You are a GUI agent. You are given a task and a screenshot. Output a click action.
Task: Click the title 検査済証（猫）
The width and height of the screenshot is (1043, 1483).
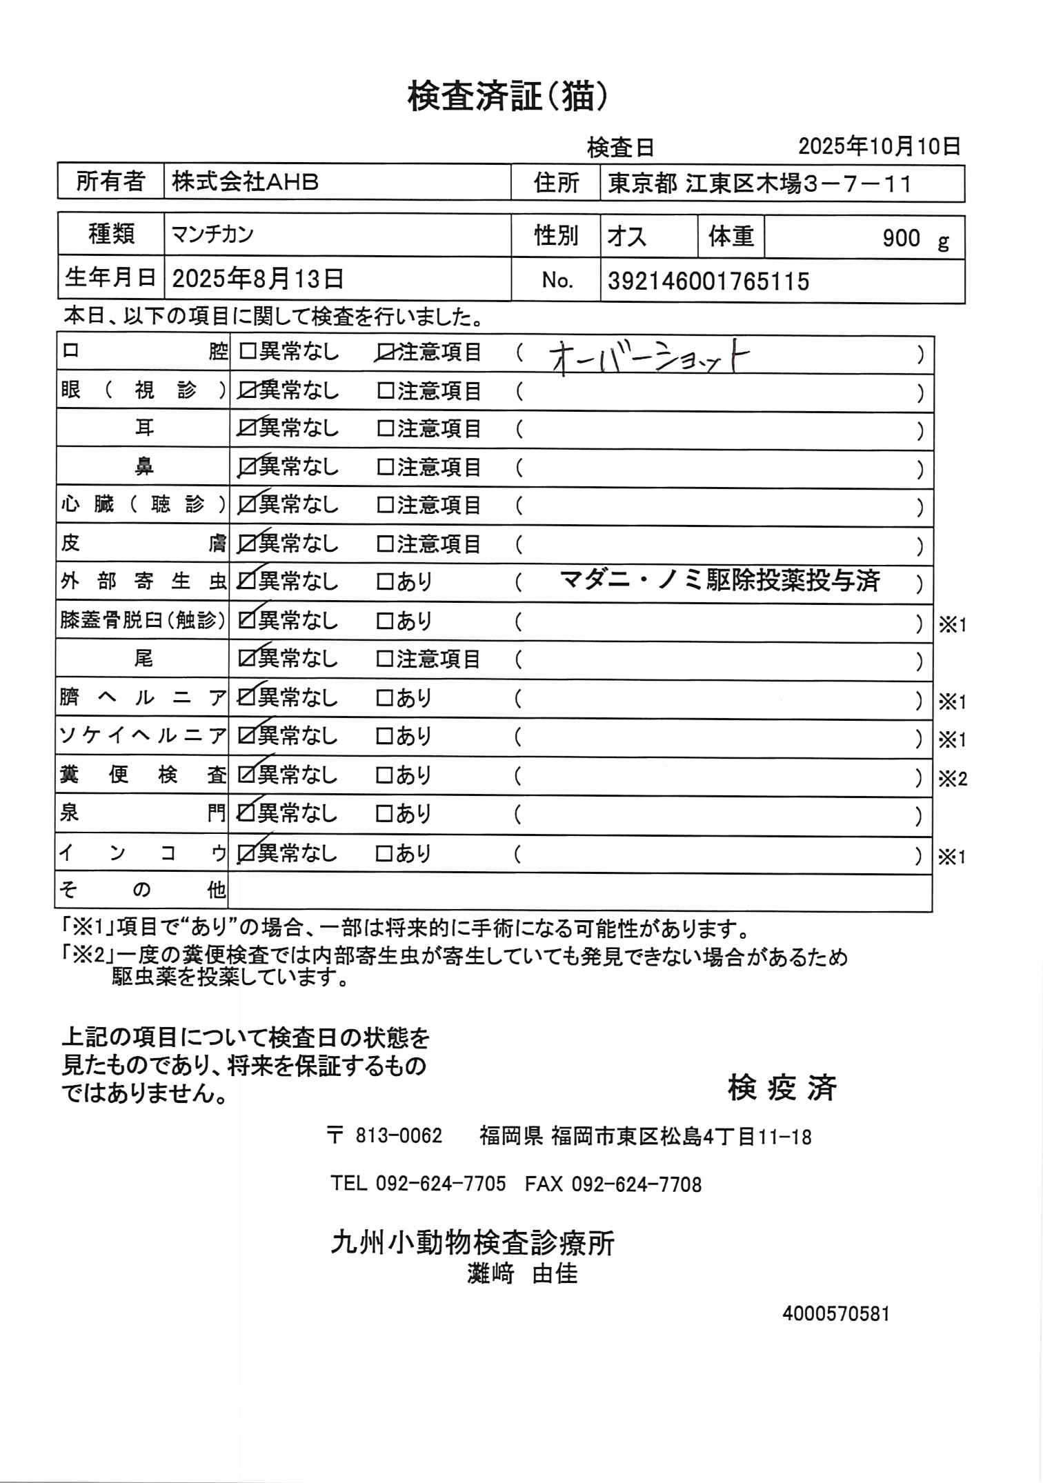click(x=508, y=97)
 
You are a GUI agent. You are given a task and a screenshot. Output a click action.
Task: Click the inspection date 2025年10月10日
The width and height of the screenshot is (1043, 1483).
click(x=879, y=146)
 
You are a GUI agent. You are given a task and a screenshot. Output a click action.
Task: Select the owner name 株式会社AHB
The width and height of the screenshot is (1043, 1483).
click(x=246, y=182)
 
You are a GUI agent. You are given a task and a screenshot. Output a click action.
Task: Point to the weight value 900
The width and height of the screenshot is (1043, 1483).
click(x=901, y=239)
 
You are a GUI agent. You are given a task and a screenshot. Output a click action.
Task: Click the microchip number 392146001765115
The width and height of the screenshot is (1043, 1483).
click(x=708, y=281)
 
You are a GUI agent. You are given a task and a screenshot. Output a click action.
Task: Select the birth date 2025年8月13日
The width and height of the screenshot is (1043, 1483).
click(x=258, y=279)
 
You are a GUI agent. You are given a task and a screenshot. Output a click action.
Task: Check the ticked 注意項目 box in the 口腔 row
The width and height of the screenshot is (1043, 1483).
click(x=385, y=352)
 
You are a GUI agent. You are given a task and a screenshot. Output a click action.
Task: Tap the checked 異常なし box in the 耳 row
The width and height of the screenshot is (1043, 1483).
click(x=246, y=429)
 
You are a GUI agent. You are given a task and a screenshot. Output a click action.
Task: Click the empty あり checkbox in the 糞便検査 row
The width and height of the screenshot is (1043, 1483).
click(x=384, y=775)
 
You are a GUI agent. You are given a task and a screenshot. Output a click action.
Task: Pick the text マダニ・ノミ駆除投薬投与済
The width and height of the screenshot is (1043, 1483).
click(x=719, y=581)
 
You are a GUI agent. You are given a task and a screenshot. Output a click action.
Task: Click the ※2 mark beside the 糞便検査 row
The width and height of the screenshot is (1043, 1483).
click(x=952, y=779)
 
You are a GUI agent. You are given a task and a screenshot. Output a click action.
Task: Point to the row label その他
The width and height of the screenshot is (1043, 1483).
click(x=142, y=890)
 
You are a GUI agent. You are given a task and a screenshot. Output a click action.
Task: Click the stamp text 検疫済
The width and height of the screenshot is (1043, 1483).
click(x=782, y=1088)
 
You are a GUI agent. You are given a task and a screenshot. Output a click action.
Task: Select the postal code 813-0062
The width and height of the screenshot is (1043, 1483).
click(x=398, y=1136)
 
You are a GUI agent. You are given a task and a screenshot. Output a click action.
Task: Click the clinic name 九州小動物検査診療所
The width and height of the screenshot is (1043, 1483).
click(x=473, y=1243)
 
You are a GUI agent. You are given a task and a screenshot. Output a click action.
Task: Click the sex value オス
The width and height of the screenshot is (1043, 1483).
click(x=626, y=237)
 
